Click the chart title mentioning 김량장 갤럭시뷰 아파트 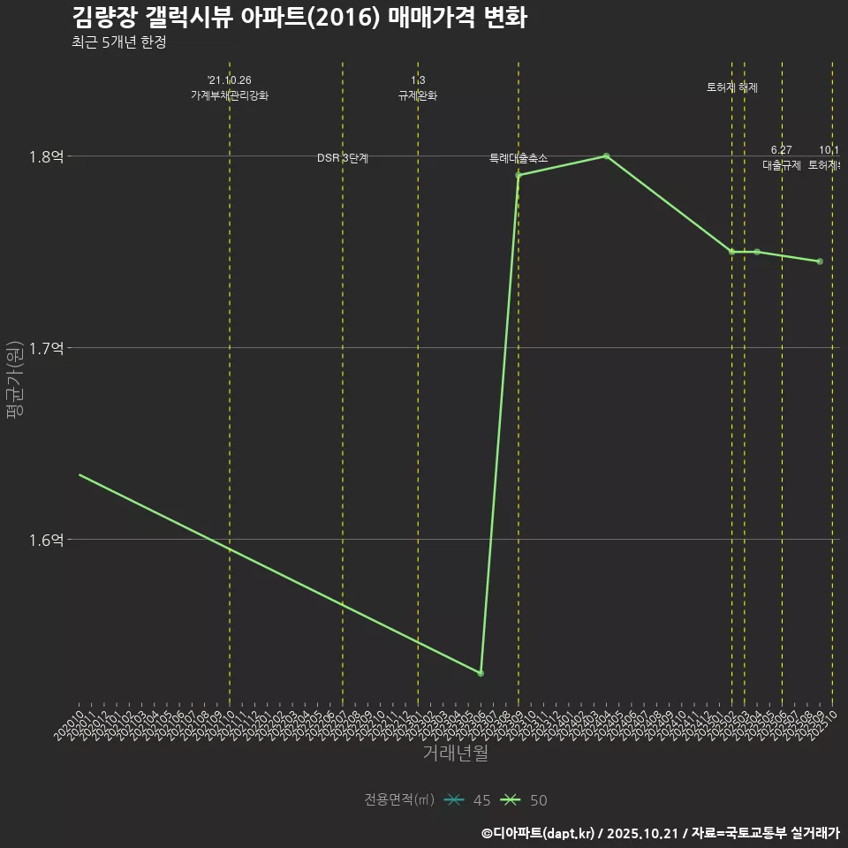pos(299,17)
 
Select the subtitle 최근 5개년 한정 pos(118,42)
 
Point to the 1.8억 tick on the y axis pos(46,156)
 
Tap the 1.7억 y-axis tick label pos(46,348)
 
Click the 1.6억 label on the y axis pos(46,540)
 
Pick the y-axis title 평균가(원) pos(15,386)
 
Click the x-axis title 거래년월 pos(455,753)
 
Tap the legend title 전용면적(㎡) pos(399,800)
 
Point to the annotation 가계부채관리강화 pos(230,95)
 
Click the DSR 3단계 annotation pos(343,158)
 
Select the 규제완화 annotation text pos(418,95)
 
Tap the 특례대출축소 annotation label pos(519,158)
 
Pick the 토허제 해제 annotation pos(732,87)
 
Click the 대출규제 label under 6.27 pos(782,165)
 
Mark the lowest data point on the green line pos(481,673)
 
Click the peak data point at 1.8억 pos(606,156)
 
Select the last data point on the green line pos(820,261)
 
